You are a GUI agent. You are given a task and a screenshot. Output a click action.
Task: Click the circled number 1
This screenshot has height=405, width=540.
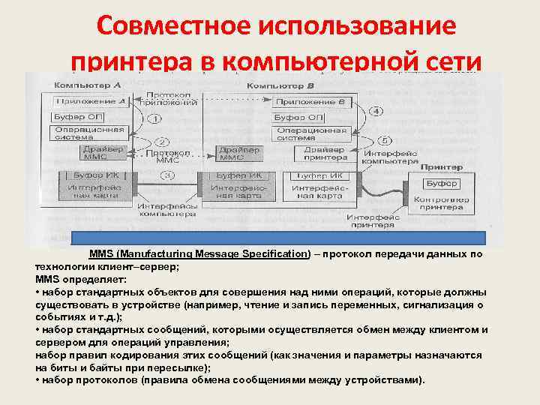154,118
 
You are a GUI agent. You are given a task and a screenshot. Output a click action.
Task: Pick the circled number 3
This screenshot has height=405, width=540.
169,176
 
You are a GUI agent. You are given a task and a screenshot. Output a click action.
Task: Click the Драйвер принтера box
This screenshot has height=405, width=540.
325,153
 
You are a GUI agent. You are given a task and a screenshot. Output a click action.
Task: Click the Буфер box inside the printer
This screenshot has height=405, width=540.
439,184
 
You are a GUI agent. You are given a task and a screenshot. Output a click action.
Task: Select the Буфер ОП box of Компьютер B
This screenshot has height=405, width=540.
298,118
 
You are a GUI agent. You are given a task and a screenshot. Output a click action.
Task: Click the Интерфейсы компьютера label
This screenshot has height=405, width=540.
178,209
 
